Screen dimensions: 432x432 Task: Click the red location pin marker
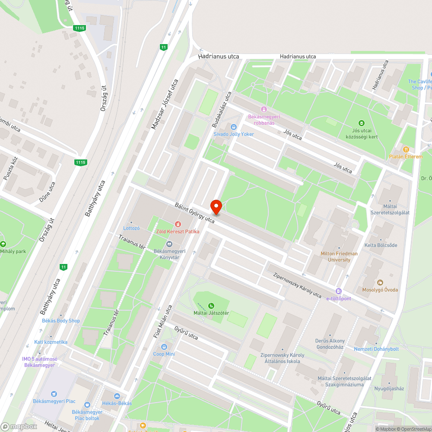pyautogui.click(x=216, y=207)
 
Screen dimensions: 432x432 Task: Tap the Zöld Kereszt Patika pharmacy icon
pyautogui.click(x=178, y=224)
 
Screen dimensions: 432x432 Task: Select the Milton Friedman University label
pyautogui.click(x=339, y=257)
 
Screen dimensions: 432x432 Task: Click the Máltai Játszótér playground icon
pyautogui.click(x=211, y=306)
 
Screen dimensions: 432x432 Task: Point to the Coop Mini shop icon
pyautogui.click(x=164, y=347)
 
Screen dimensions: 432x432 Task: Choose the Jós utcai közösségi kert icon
pyautogui.click(x=362, y=123)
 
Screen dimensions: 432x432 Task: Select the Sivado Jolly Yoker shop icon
pyautogui.click(x=234, y=127)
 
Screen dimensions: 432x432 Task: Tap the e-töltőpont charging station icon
pyautogui.click(x=339, y=291)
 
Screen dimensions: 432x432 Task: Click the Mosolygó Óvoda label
pyautogui.click(x=380, y=290)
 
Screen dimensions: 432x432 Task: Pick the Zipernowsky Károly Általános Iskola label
pyautogui.click(x=282, y=358)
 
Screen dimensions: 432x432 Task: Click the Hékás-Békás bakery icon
pyautogui.click(x=117, y=396)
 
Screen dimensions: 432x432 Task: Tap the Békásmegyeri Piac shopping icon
pyautogui.click(x=54, y=394)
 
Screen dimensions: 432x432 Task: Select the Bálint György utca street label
pyautogui.click(x=195, y=213)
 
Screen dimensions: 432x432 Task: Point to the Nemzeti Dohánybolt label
pyautogui.click(x=376, y=349)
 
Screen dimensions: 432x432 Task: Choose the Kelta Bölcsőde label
pyautogui.click(x=380, y=245)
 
